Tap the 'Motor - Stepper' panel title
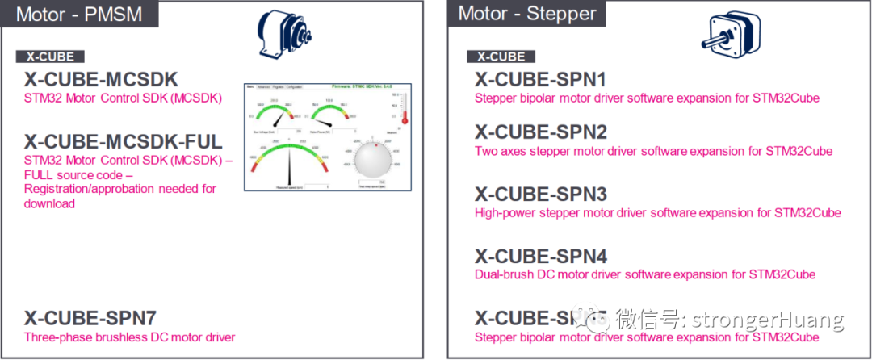tap(526, 14)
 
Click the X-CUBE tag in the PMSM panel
tap(50, 57)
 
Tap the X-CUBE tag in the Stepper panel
tap(501, 57)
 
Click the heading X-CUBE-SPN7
tap(89, 317)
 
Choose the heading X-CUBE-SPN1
tap(540, 79)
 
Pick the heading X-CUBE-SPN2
tap(540, 132)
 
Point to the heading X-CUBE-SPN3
tap(540, 194)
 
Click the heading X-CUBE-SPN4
tap(540, 256)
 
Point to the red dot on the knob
tap(375, 146)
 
